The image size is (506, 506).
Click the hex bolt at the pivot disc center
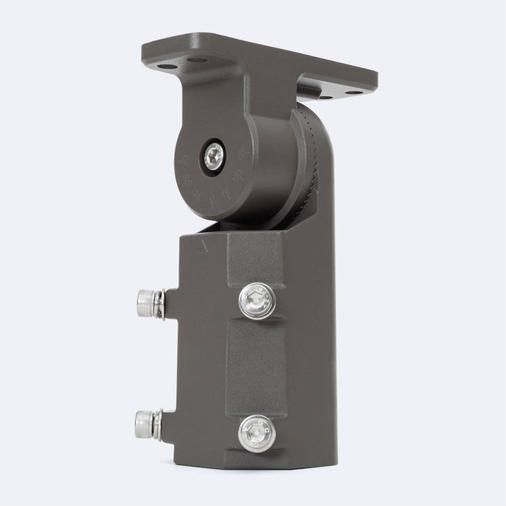[x=214, y=156]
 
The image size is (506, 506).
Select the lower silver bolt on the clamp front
[x=257, y=433]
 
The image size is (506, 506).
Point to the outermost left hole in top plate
[x=167, y=67]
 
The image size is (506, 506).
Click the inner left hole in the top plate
[x=197, y=61]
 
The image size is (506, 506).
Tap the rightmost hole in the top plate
[x=353, y=93]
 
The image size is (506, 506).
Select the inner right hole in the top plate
[x=325, y=96]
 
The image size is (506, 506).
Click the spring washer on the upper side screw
[x=160, y=304]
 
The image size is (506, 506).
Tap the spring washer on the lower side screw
[x=158, y=424]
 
